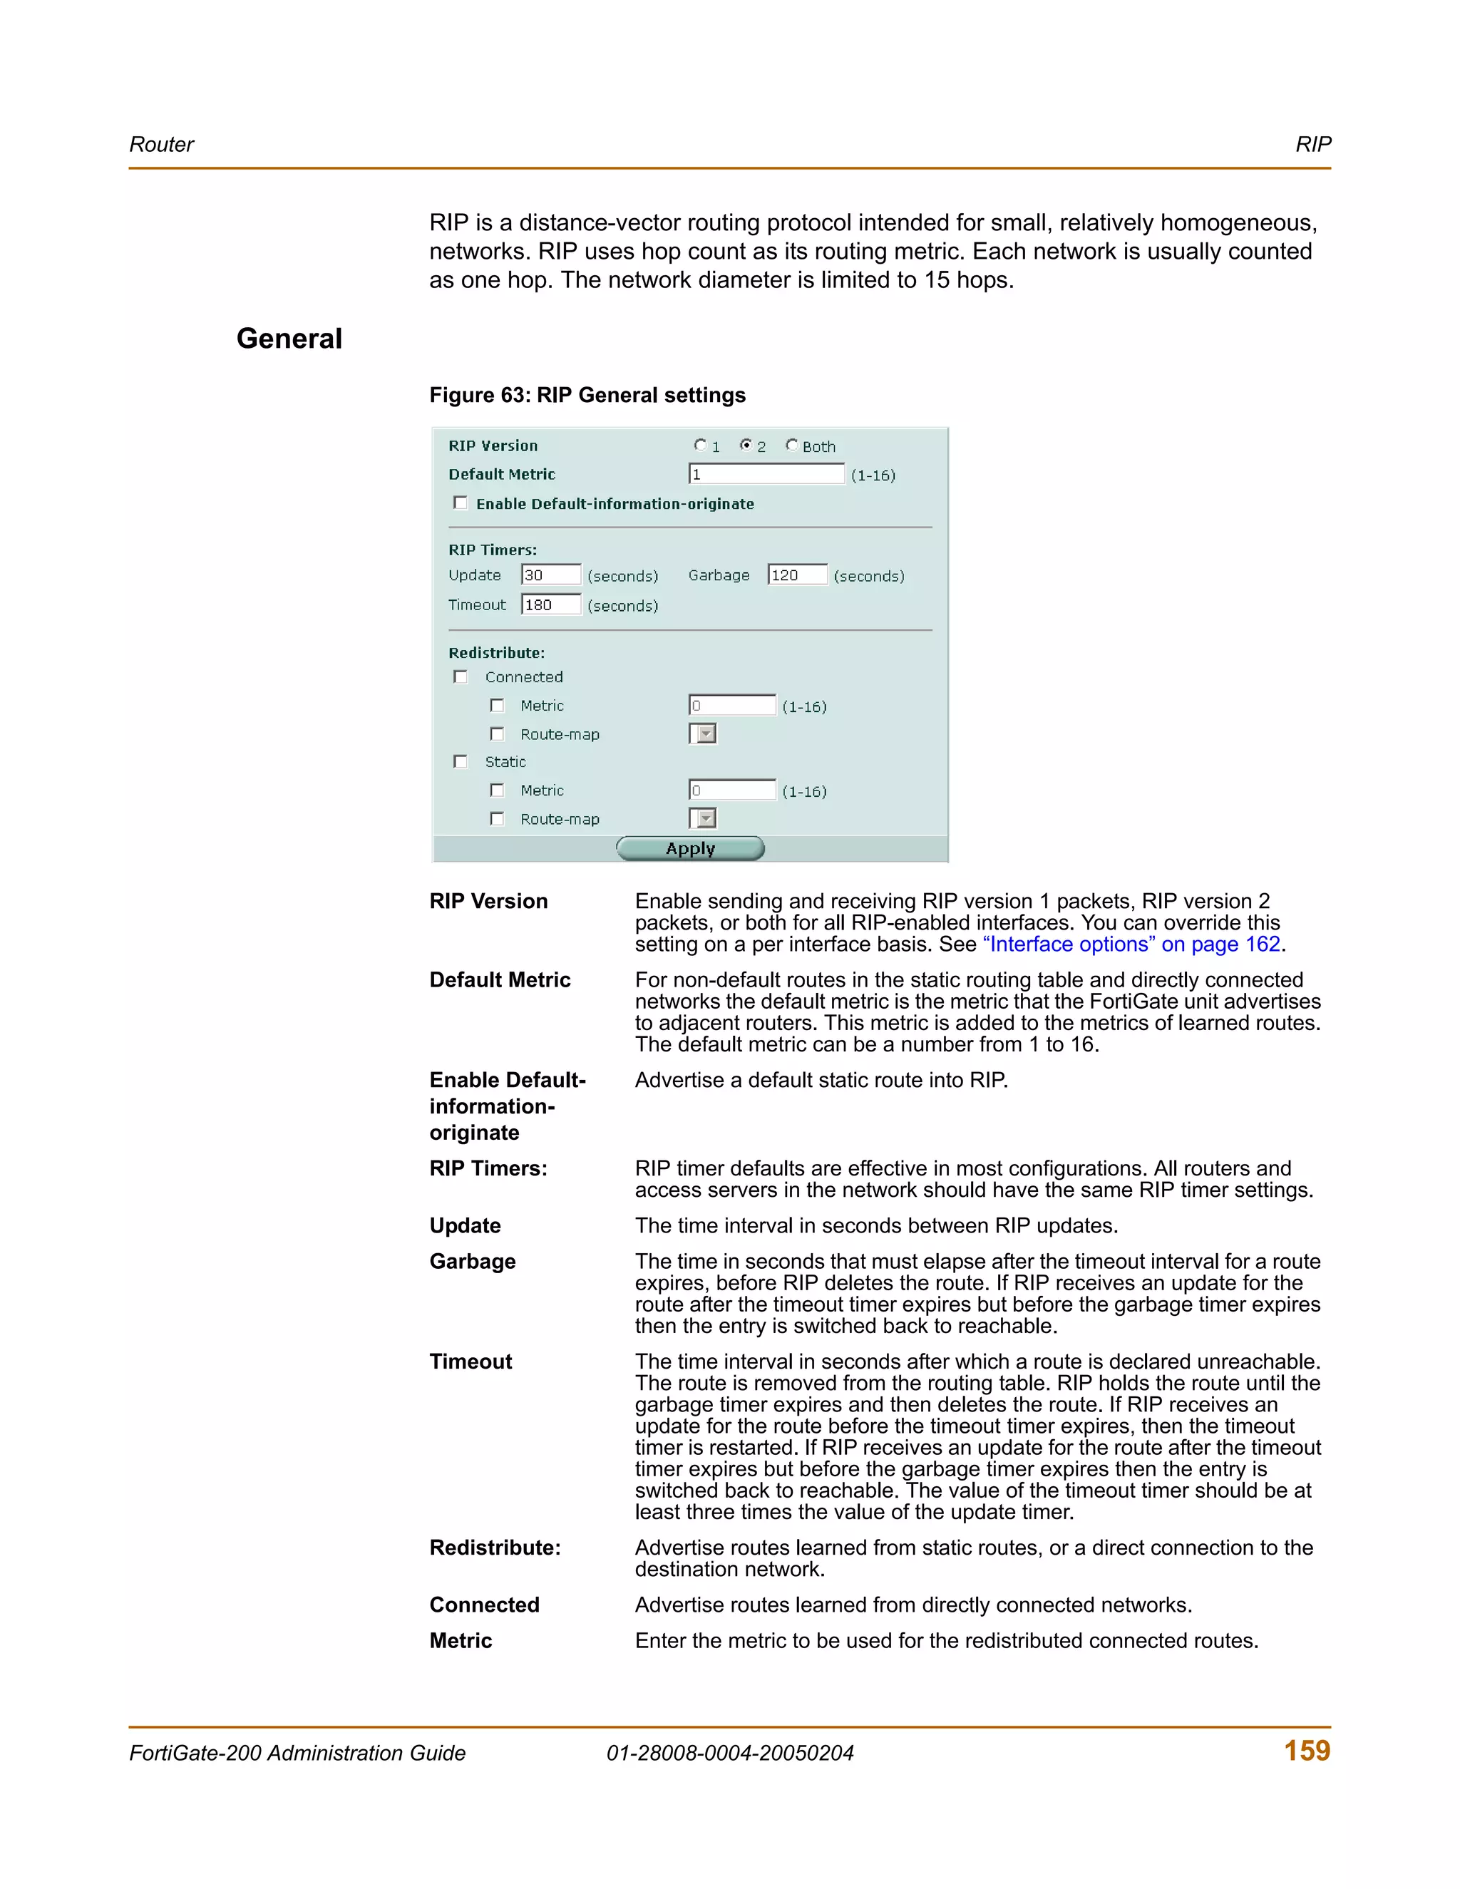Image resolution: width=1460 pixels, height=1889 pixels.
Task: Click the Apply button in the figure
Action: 689,848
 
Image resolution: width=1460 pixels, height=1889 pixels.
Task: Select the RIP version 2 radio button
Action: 746,446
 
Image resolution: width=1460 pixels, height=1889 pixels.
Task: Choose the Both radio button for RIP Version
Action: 791,446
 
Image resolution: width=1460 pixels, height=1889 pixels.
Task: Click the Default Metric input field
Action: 766,474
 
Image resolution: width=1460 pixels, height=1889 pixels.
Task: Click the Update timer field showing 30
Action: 551,575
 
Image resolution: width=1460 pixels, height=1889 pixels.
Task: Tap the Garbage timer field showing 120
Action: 796,575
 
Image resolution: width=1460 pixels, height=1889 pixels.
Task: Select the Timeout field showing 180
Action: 551,604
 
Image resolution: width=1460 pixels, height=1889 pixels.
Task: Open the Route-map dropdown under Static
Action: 703,818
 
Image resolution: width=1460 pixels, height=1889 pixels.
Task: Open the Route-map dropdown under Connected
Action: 703,734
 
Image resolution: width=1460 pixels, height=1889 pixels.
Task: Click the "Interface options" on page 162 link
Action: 1131,944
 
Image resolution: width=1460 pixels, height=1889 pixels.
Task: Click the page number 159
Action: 1306,1751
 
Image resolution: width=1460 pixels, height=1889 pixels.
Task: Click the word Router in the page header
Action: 162,145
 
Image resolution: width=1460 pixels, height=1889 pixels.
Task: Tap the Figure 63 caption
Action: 587,396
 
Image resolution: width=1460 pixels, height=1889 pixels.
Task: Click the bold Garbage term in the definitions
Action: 472,1261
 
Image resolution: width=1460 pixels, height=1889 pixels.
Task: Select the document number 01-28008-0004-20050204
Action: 730,1754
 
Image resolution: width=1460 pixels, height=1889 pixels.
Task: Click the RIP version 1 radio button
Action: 701,446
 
